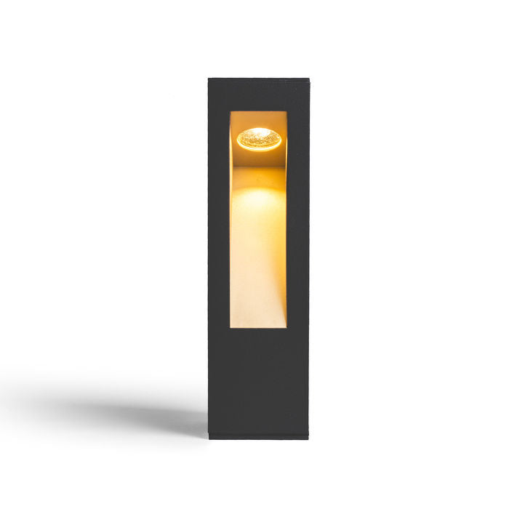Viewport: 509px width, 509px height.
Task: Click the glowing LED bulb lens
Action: click(x=259, y=137)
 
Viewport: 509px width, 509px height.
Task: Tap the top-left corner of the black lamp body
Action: click(x=209, y=79)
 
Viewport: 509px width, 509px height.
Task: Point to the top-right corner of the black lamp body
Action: click(x=308, y=79)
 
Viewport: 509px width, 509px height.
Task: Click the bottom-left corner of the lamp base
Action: click(x=209, y=438)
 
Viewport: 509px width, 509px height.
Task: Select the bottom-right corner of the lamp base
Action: click(x=308, y=438)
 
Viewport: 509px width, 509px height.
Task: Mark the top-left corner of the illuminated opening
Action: click(x=231, y=112)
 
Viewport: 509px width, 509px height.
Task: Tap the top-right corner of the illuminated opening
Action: click(x=287, y=112)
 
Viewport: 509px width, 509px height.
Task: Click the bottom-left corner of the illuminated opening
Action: click(x=231, y=329)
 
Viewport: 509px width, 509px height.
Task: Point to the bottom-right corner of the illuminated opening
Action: click(x=287, y=329)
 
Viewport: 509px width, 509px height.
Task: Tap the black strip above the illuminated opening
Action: click(x=258, y=95)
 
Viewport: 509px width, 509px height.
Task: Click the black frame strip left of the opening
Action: click(x=219, y=218)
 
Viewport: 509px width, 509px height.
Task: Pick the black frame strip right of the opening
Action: click(x=297, y=218)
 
